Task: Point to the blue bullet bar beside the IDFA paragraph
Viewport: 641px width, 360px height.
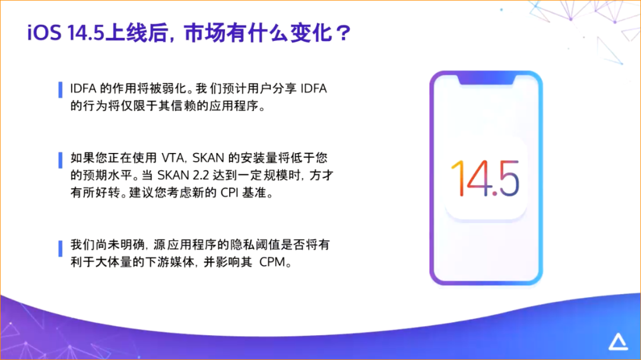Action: tap(59, 89)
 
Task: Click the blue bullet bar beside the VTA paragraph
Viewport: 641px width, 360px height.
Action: tap(59, 160)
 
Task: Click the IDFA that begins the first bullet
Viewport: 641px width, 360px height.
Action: tap(81, 90)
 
